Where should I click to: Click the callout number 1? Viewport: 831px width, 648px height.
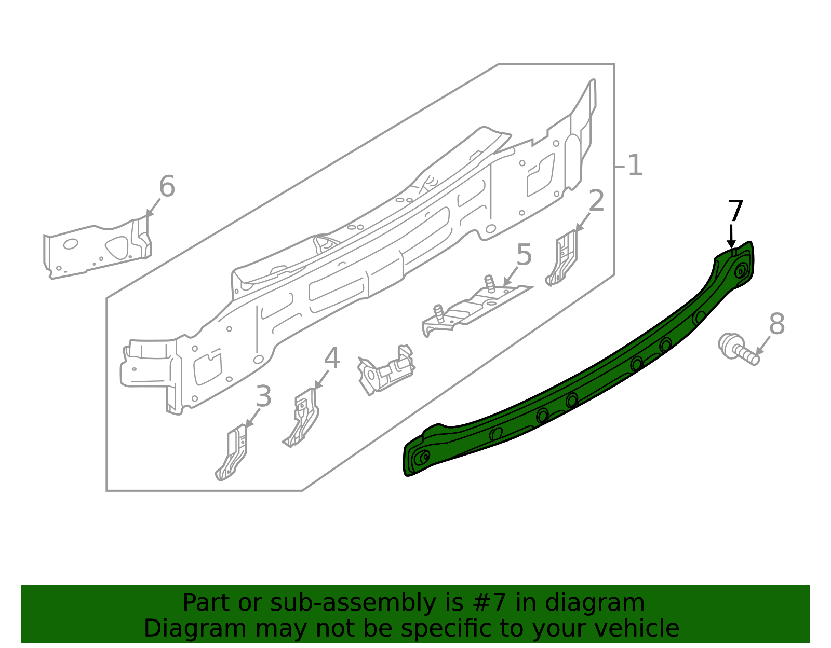(635, 166)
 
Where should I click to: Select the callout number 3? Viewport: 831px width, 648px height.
(263, 396)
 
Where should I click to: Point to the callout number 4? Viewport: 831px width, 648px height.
(332, 358)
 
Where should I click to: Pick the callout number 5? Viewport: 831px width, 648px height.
(524, 255)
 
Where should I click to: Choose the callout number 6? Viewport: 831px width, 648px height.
(167, 186)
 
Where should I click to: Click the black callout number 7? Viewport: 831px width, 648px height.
(735, 211)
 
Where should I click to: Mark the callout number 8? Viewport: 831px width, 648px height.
(776, 324)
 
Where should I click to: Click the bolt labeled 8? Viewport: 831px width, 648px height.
(738, 349)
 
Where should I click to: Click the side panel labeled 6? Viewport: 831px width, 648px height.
(98, 247)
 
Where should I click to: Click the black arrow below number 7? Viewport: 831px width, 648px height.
(731, 237)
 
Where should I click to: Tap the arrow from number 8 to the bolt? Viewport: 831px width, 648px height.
(763, 346)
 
